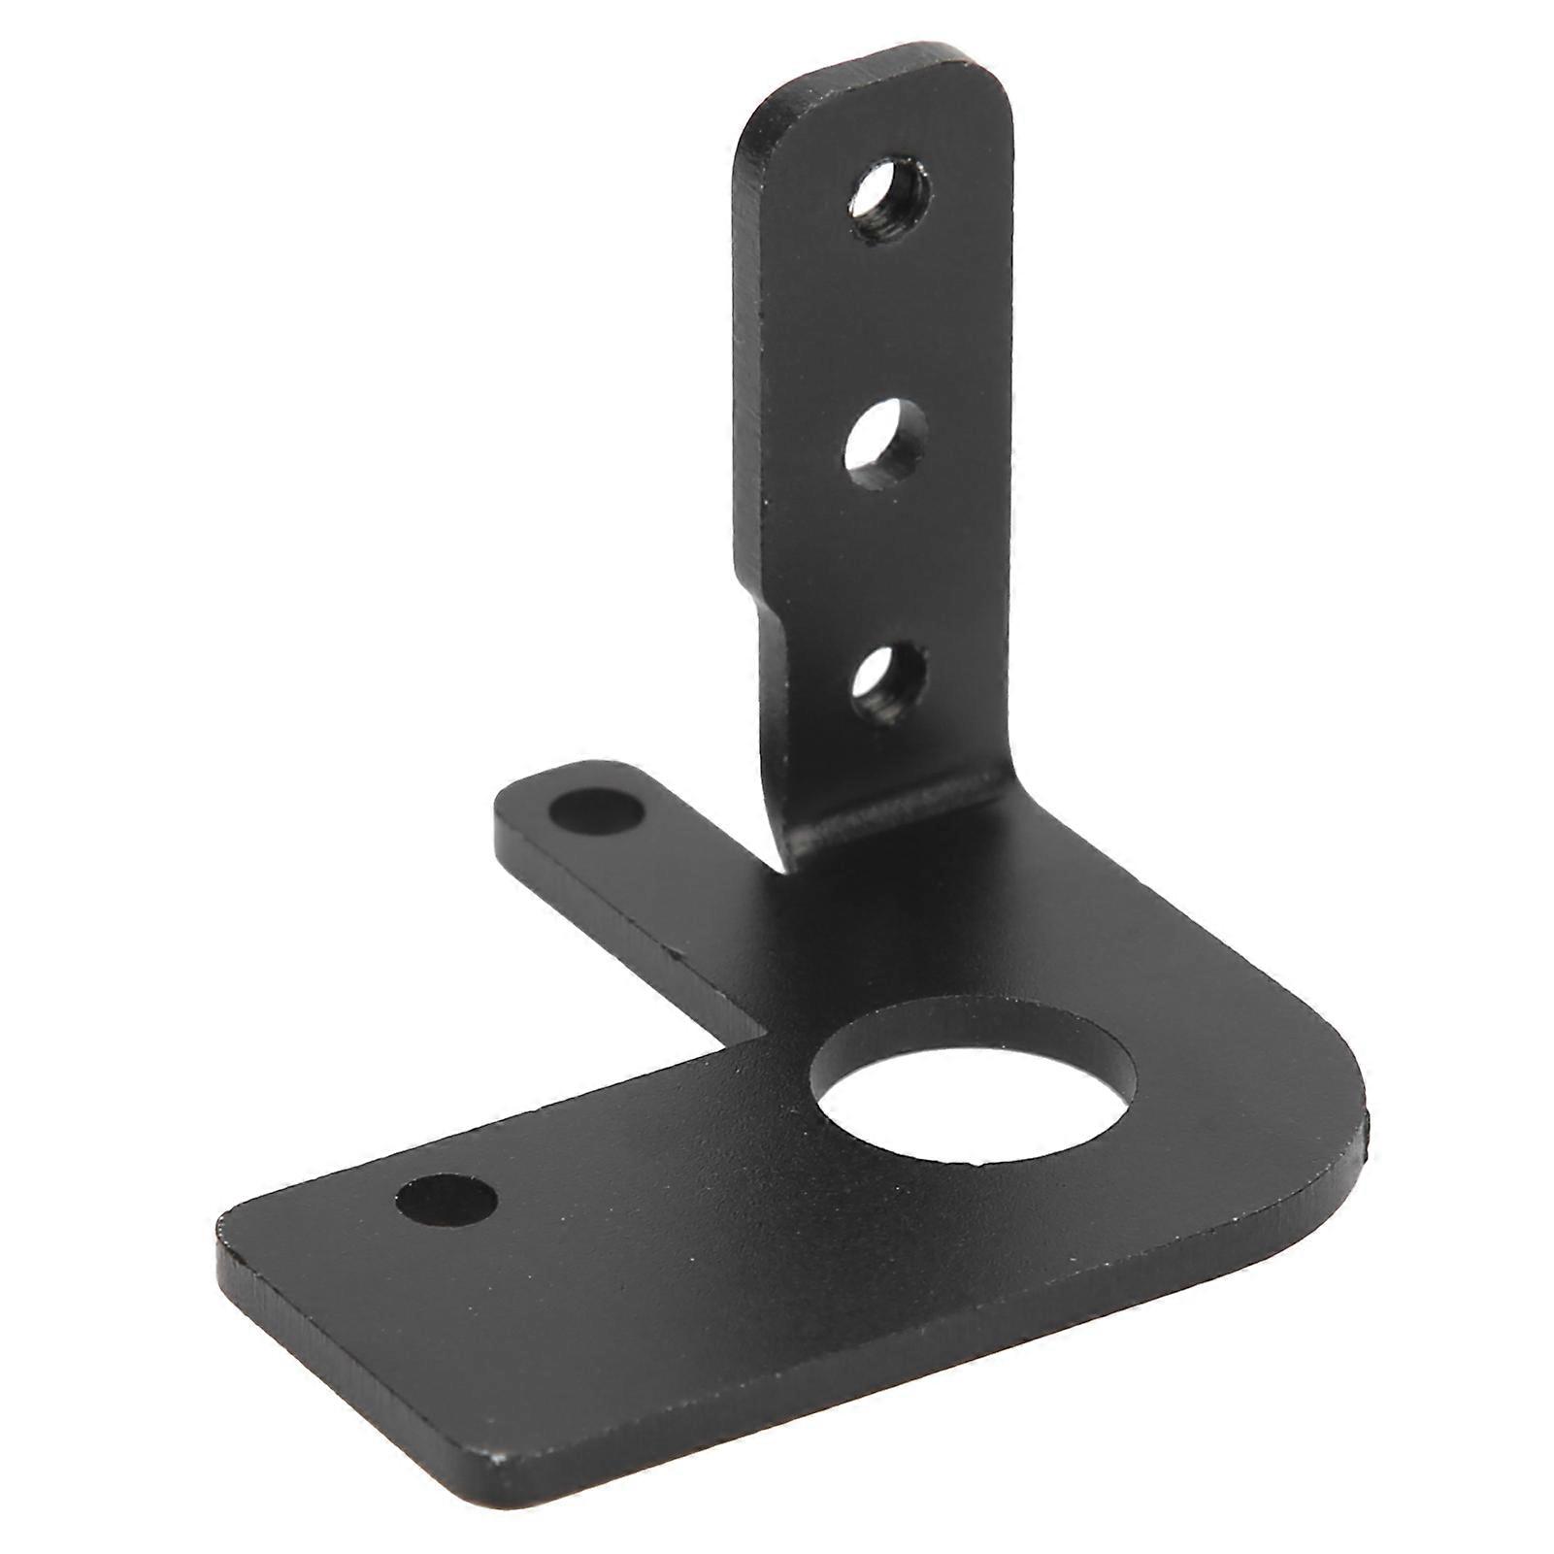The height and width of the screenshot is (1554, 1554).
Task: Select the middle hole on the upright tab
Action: pyautogui.click(x=885, y=444)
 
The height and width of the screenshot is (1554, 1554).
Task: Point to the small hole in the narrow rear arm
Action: pyautogui.click(x=596, y=810)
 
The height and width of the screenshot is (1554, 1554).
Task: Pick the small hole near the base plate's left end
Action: pyautogui.click(x=446, y=1200)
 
